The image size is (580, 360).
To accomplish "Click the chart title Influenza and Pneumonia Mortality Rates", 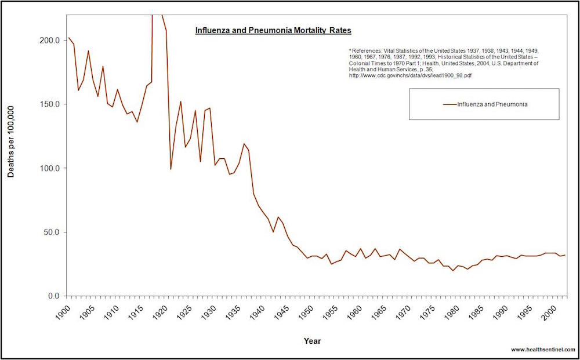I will pyautogui.click(x=273, y=30).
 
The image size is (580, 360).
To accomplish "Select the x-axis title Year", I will pyautogui.click(x=313, y=341).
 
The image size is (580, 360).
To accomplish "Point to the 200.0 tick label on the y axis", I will pyautogui.click(x=49, y=41).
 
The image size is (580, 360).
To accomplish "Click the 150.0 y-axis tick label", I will pyautogui.click(x=49, y=104).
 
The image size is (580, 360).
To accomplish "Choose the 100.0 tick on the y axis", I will pyautogui.click(x=49, y=169).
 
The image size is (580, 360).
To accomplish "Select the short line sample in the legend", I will pyautogui.click(x=449, y=104).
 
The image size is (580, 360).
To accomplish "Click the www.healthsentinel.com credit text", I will pyautogui.click(x=543, y=350).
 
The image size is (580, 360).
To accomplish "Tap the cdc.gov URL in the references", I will pyautogui.click(x=401, y=76).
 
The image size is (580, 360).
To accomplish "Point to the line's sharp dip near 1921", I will pyautogui.click(x=171, y=169).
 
